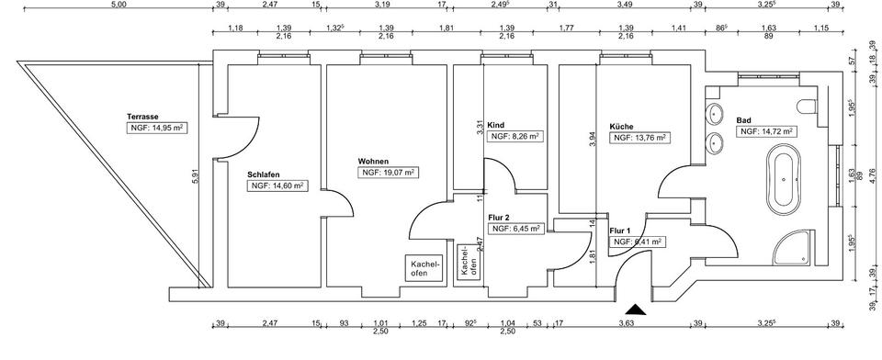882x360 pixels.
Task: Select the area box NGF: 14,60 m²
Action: point(276,186)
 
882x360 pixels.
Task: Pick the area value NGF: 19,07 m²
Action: point(389,172)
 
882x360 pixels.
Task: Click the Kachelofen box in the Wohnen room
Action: point(423,268)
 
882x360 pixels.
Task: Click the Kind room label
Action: point(496,124)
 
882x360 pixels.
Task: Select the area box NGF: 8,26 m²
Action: point(515,136)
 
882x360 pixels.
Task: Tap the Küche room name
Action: point(622,127)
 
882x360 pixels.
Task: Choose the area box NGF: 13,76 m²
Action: point(639,138)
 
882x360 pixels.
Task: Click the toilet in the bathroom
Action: point(809,107)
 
